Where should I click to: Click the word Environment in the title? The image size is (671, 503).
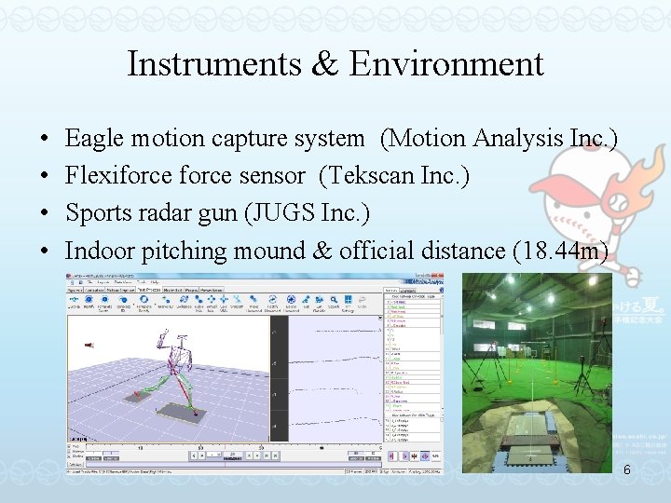pyautogui.click(x=446, y=63)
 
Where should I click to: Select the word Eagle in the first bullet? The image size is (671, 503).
pyautogui.click(x=95, y=139)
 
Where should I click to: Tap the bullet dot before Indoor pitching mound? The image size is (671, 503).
pyautogui.click(x=46, y=251)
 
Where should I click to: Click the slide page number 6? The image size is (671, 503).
pyautogui.click(x=626, y=469)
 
